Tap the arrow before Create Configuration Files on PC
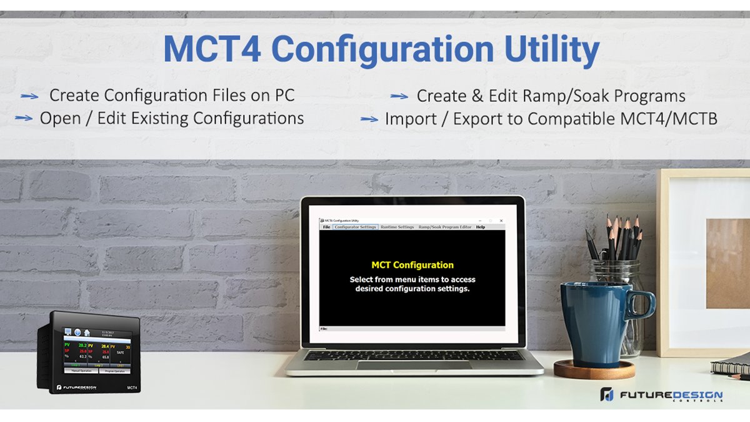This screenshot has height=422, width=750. point(29,96)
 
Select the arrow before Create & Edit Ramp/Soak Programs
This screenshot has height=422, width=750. point(399,96)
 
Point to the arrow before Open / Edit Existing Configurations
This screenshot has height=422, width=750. point(24,118)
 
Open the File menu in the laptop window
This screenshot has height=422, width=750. point(326,227)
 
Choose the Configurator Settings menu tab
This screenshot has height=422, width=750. point(355,227)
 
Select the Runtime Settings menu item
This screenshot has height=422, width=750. point(397,227)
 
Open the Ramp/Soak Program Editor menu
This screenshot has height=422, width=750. point(445,227)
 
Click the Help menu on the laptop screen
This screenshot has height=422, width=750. point(481,227)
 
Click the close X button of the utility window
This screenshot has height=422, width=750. point(501,221)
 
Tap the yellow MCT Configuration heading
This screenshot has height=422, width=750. point(412,265)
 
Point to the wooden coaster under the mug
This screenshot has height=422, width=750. point(594,370)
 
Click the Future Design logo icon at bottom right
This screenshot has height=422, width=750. point(606,395)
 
